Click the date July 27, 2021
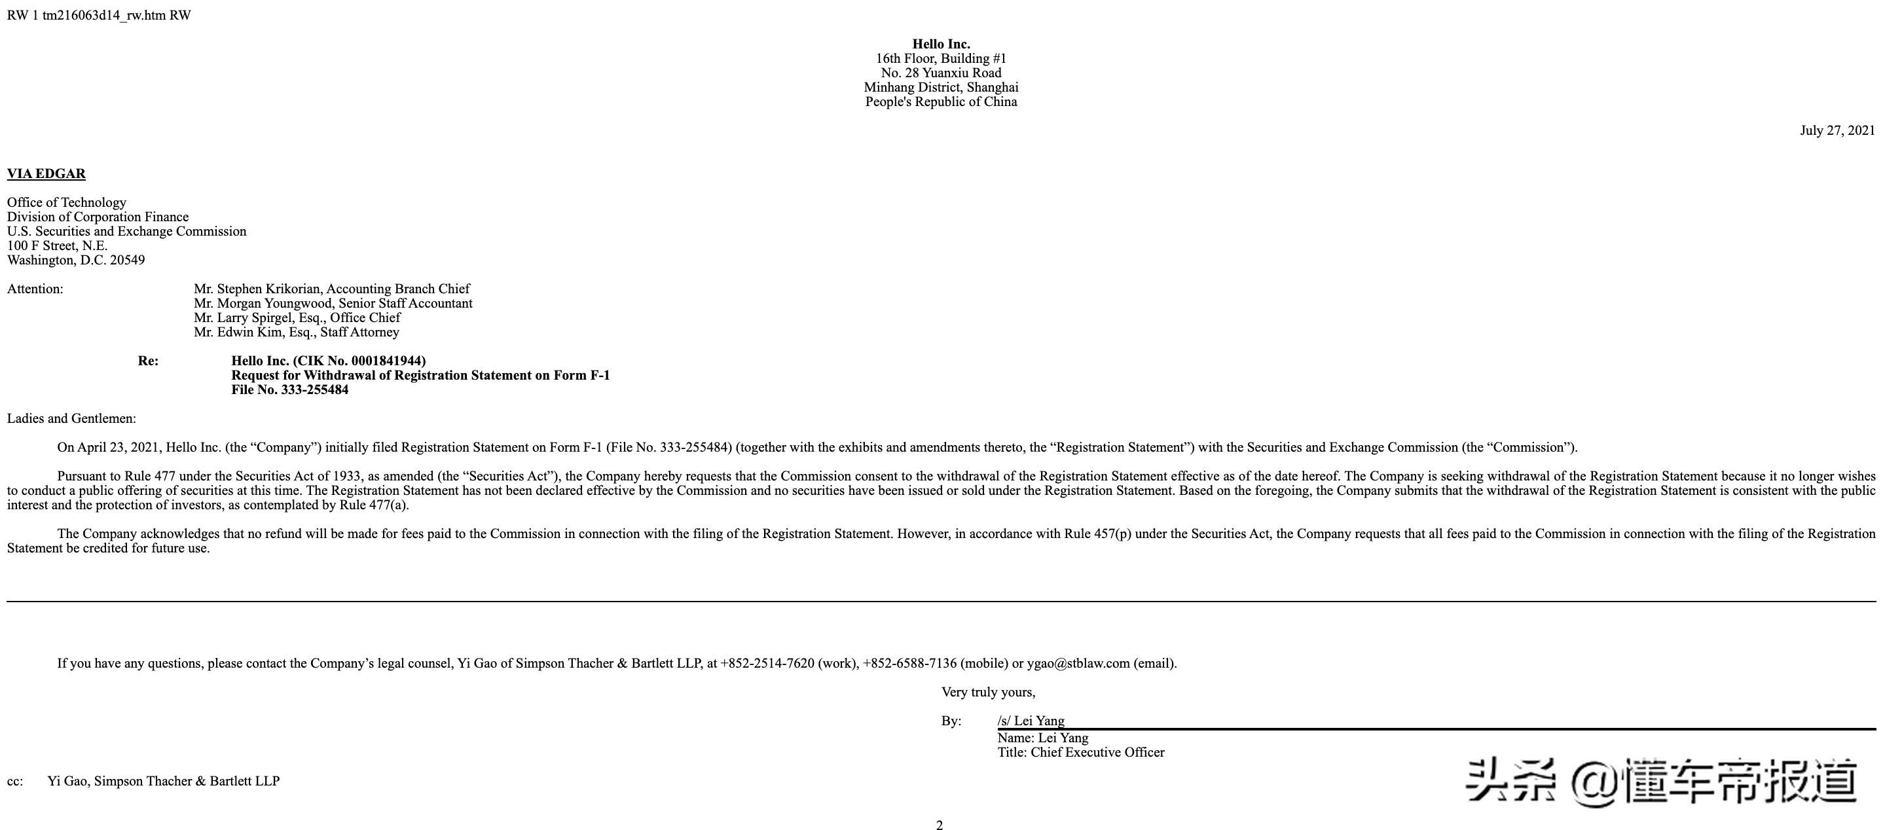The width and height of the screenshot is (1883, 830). (1837, 131)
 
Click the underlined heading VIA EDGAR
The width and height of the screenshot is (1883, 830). (46, 174)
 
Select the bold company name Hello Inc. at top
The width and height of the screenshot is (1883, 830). (941, 44)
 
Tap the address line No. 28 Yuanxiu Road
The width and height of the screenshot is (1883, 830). (941, 73)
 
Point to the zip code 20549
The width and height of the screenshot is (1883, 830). (127, 260)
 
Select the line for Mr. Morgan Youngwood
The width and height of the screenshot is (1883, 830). (333, 303)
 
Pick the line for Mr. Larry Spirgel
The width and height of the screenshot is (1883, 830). (297, 318)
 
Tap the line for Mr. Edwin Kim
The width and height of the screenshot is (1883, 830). (296, 333)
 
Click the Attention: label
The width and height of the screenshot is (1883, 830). (35, 289)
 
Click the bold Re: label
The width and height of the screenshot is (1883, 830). (148, 361)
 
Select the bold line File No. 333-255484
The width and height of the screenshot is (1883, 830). (289, 390)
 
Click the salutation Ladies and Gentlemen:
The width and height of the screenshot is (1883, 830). (71, 419)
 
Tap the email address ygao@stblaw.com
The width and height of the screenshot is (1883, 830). (1078, 664)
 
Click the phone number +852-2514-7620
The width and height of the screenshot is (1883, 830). (767, 664)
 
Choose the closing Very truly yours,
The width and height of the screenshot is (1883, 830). (987, 692)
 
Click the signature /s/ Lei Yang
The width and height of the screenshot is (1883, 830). (1031, 721)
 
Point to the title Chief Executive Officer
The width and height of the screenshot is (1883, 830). (1097, 753)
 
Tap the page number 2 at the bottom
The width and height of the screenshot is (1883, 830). (940, 825)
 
